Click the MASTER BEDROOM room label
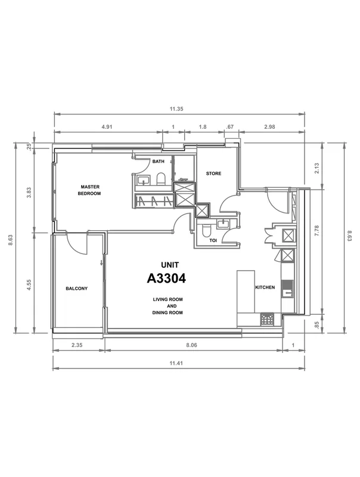coord(90,190)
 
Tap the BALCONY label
coord(77,289)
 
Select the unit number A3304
coord(166,278)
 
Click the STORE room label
coord(214,174)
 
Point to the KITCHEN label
coord(265,287)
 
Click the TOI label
coord(213,240)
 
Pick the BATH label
coord(159,161)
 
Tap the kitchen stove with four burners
coord(267,320)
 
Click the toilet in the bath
coord(160,179)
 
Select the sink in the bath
coord(143,180)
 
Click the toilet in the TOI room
coord(206,231)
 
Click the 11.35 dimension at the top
coord(176,109)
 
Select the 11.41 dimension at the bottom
coord(176,363)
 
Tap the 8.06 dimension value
coord(191,345)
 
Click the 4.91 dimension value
coord(107,126)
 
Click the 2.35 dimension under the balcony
coord(77,345)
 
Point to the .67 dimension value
coord(230,126)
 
